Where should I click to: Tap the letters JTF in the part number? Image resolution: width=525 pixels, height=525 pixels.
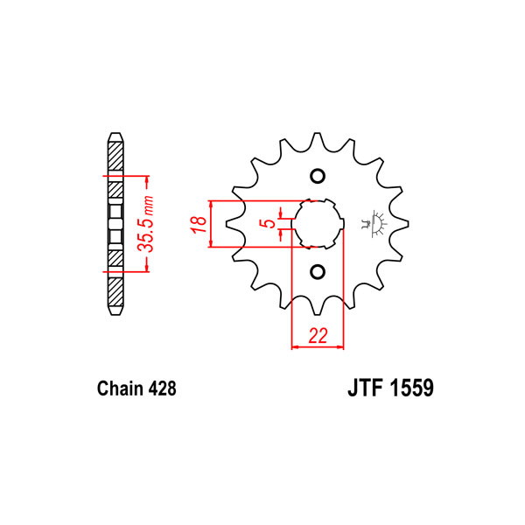(x=365, y=388)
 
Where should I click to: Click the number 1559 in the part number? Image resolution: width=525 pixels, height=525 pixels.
(x=411, y=388)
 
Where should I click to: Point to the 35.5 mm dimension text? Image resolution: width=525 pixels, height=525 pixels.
(x=146, y=224)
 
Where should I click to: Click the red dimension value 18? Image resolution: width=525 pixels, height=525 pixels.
(x=199, y=224)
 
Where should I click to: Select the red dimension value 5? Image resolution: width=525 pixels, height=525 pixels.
(x=269, y=223)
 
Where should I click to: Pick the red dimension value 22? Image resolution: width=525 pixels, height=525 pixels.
(x=318, y=335)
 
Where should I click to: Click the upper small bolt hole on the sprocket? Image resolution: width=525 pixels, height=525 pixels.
(x=318, y=176)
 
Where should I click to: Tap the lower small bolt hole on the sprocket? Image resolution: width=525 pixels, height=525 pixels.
(x=318, y=272)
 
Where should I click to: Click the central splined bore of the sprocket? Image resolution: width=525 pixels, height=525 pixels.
(x=318, y=224)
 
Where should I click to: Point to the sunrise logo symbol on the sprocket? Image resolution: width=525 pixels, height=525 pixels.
(x=374, y=224)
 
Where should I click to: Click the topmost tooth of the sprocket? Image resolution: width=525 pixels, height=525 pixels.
(x=317, y=141)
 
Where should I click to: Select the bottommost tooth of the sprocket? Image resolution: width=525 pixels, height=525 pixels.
(x=317, y=307)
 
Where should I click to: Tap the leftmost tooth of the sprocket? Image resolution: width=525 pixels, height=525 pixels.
(x=234, y=224)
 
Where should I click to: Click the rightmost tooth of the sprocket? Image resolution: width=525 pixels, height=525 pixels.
(x=400, y=224)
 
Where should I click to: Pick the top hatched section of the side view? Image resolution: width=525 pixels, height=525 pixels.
(x=115, y=156)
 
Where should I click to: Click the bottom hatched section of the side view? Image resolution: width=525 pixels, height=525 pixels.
(x=115, y=291)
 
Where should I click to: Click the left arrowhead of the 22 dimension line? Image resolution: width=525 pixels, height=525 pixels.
(x=296, y=347)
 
